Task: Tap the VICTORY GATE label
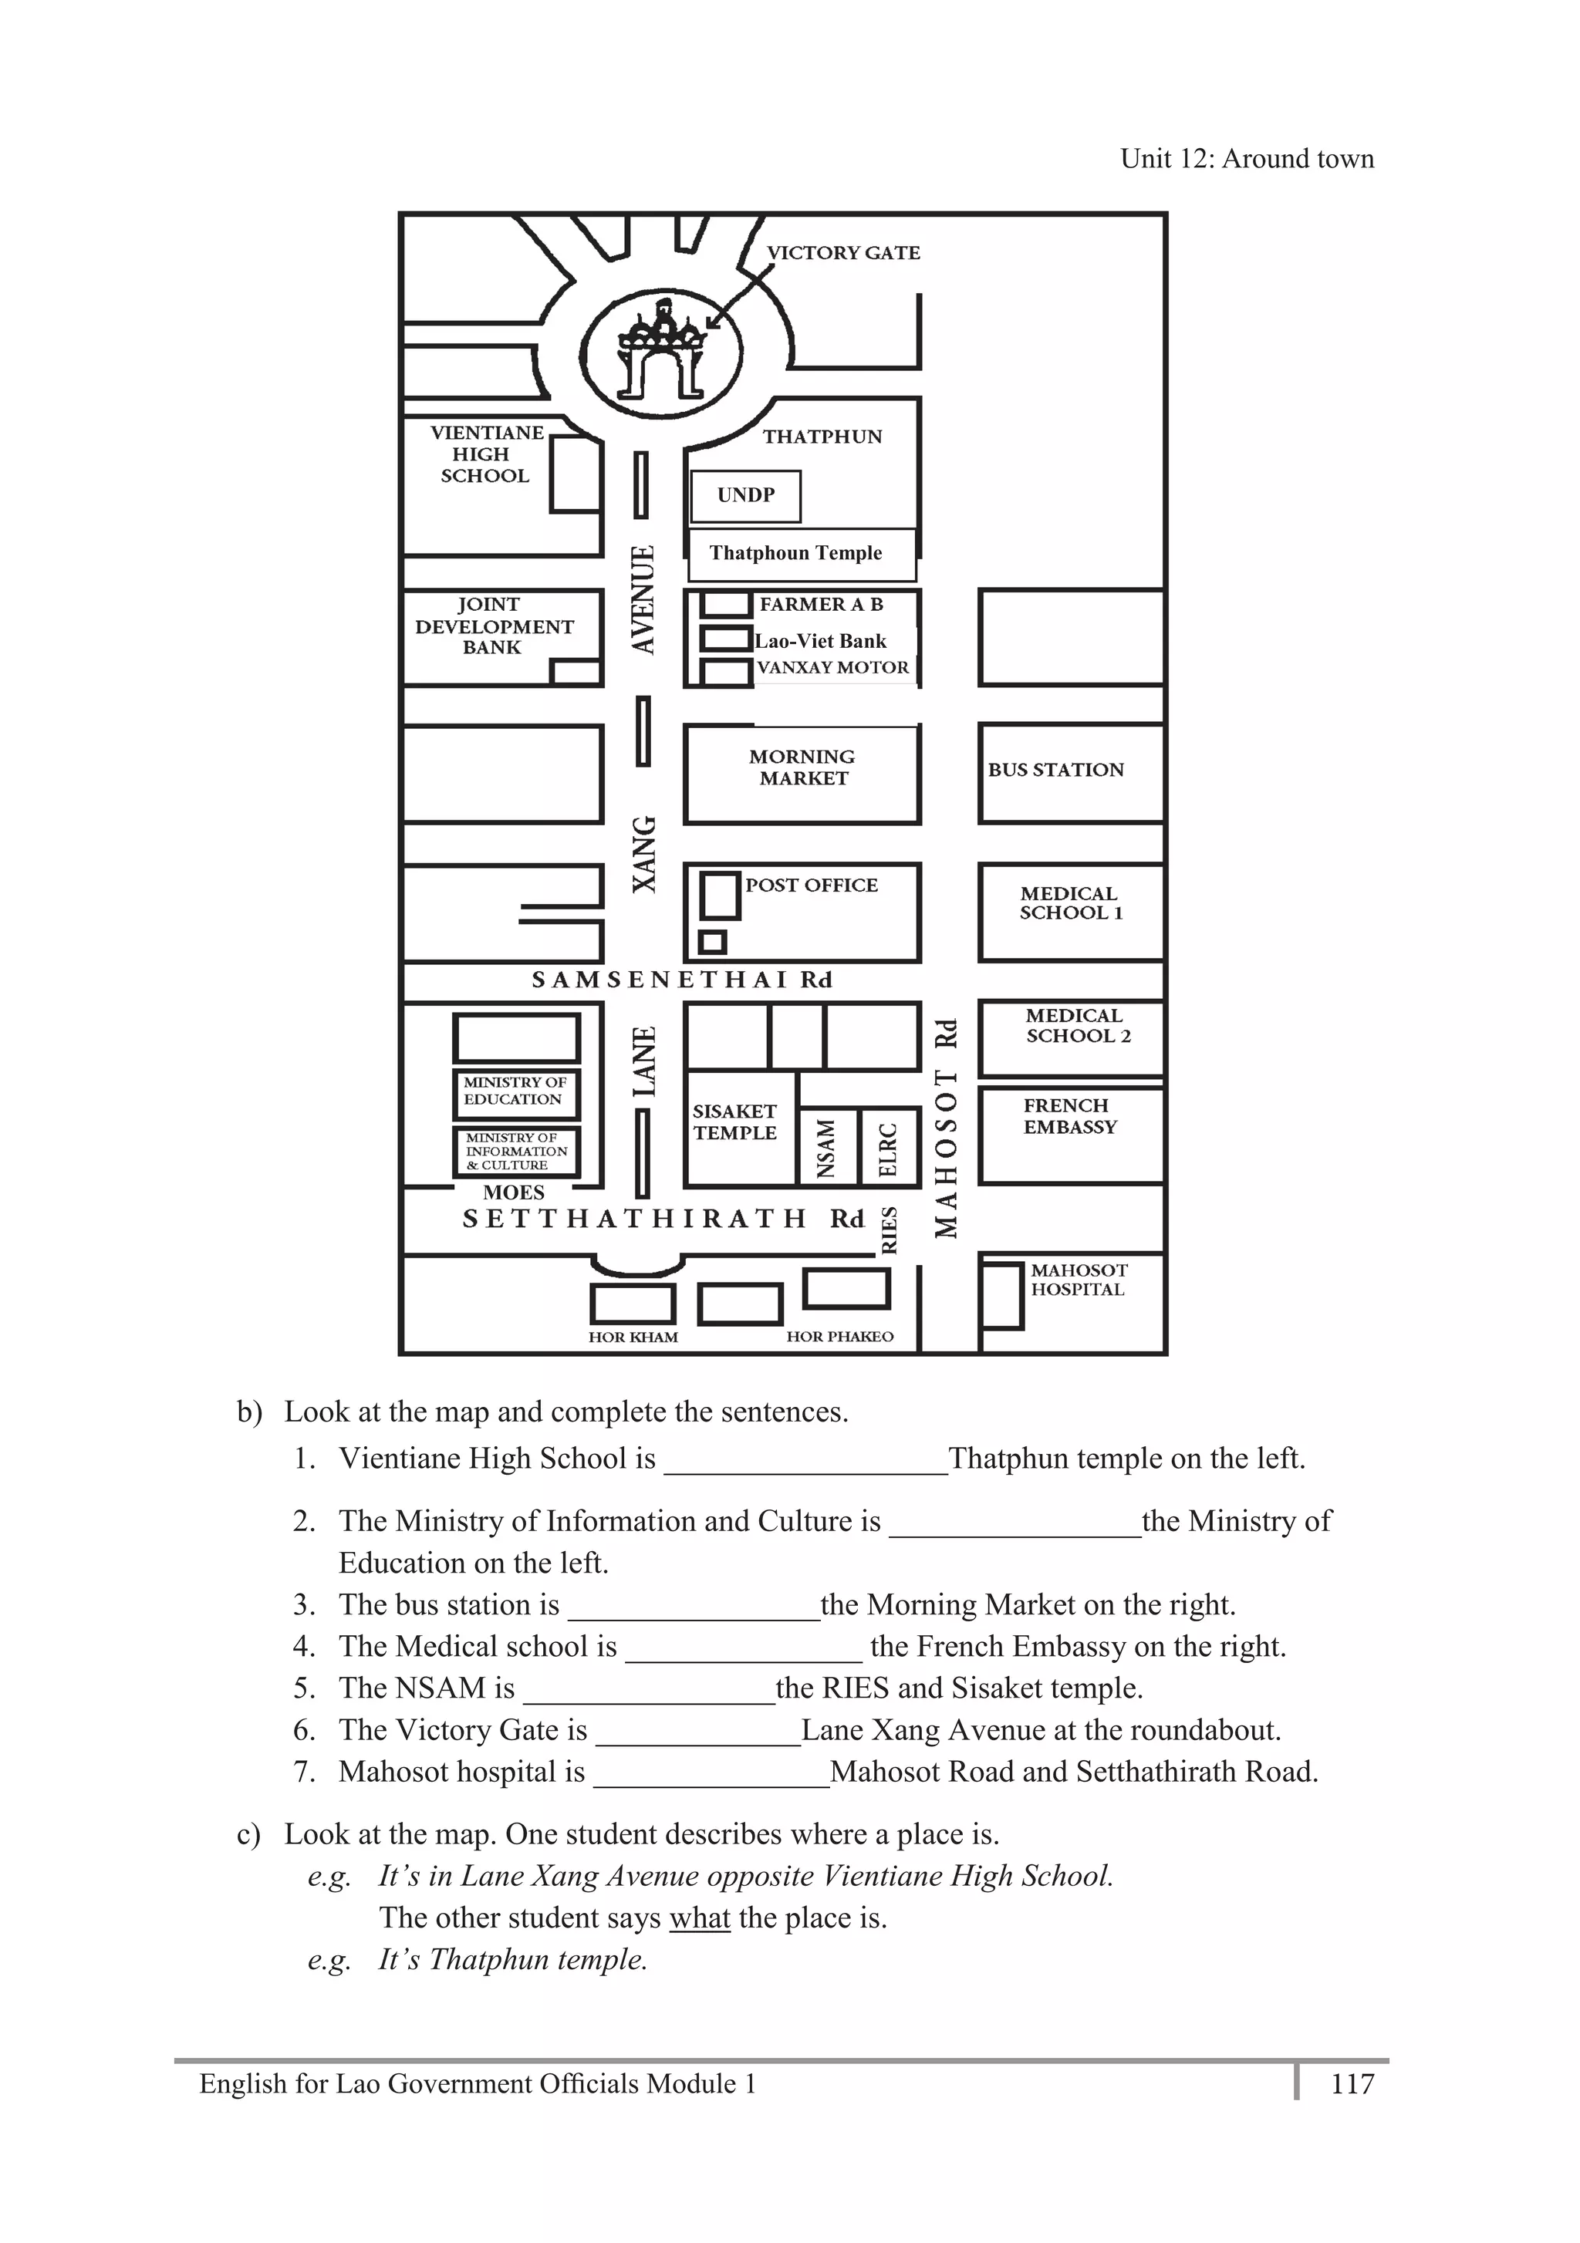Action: [x=843, y=253]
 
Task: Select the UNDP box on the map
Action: [x=745, y=495]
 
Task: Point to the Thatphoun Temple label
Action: [x=795, y=553]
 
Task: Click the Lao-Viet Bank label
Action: [x=821, y=641]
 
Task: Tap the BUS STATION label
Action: [x=1055, y=770]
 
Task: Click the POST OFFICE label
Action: [x=811, y=885]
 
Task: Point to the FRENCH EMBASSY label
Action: [x=1069, y=1115]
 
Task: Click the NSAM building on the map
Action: [x=826, y=1147]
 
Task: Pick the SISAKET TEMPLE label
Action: [x=734, y=1121]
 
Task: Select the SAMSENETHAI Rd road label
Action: [x=681, y=980]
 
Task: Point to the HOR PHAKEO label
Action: [x=839, y=1337]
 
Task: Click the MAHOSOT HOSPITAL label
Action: [x=1078, y=1280]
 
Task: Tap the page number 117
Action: [x=1352, y=2084]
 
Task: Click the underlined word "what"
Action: [x=700, y=1918]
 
